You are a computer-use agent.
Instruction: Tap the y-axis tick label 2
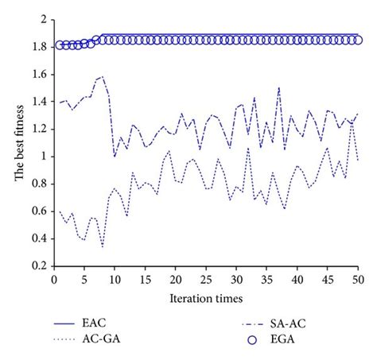pyautogui.click(x=40, y=19)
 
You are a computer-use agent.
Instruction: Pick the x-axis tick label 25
pyautogui.click(x=206, y=280)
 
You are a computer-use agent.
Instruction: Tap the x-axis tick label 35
pyautogui.click(x=266, y=280)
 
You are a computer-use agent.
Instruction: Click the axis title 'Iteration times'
pyautogui.click(x=205, y=298)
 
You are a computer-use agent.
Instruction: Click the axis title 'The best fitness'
pyautogui.click(x=17, y=142)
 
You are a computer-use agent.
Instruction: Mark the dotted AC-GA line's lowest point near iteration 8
pyautogui.click(x=103, y=246)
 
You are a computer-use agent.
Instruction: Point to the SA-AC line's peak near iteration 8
pyautogui.click(x=103, y=77)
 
